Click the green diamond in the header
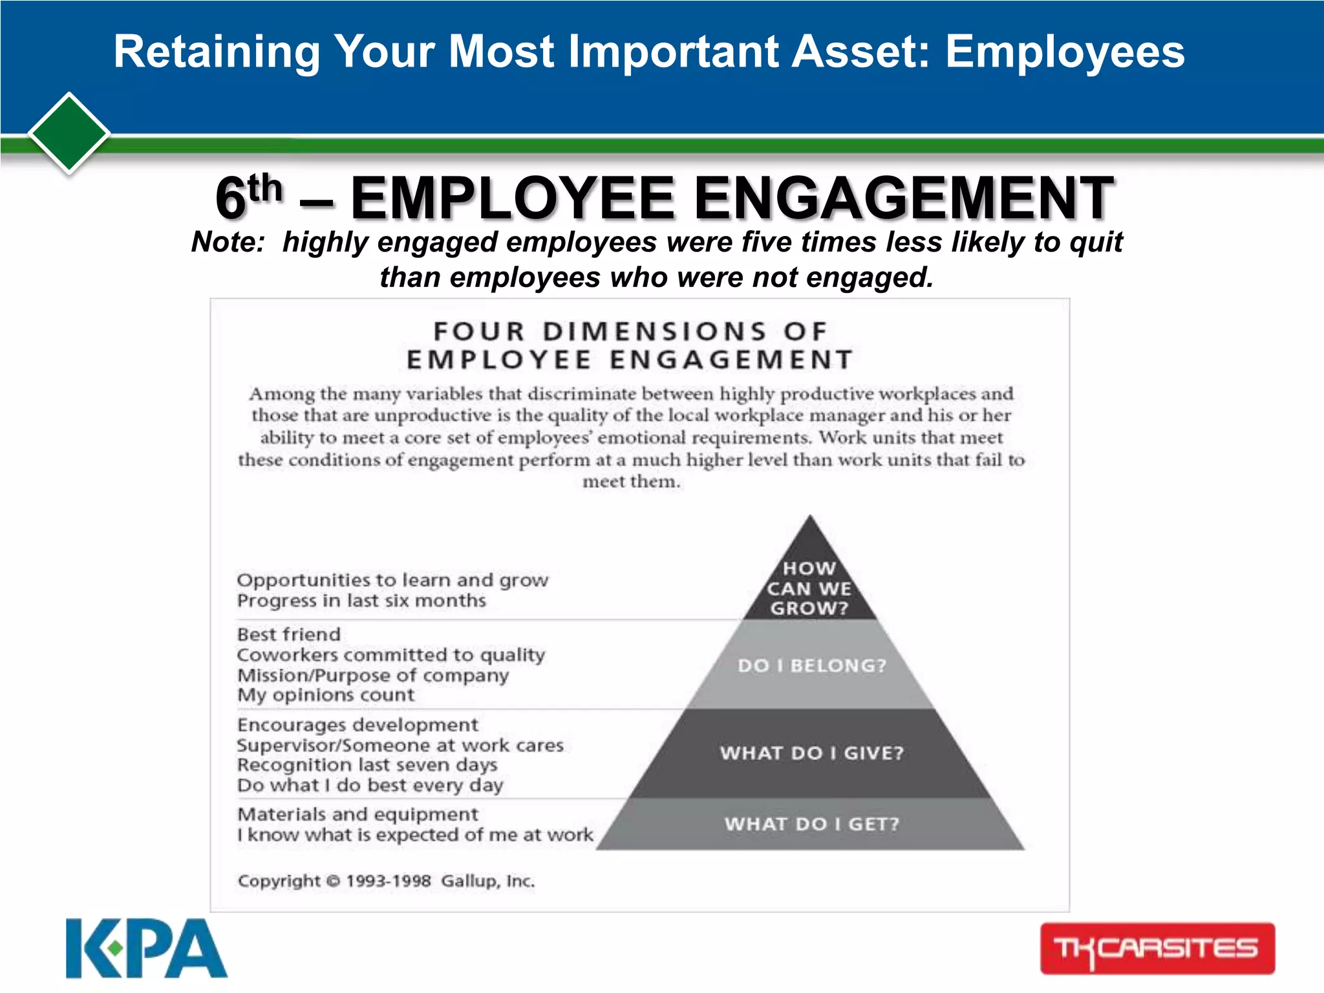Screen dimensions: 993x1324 coord(69,133)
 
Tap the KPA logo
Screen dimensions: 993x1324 coord(146,948)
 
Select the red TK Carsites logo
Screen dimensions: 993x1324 coord(1157,948)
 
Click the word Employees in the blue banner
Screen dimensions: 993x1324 coord(1065,52)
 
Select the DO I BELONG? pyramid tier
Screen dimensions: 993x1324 coord(811,665)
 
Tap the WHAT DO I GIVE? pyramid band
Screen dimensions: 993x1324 coord(811,753)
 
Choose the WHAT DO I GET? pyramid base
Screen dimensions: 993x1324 coord(811,824)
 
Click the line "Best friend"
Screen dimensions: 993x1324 coord(289,634)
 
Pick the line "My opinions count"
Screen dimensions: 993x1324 coord(326,695)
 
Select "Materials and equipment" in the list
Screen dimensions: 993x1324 coord(358,814)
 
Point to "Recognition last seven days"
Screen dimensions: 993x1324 coord(367,765)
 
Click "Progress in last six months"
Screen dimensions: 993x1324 coord(361,601)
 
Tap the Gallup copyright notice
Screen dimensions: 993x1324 coord(386,881)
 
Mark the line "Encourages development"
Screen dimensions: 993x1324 coord(358,725)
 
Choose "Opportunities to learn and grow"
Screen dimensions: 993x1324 coord(392,580)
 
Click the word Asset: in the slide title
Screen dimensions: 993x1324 coord(860,52)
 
